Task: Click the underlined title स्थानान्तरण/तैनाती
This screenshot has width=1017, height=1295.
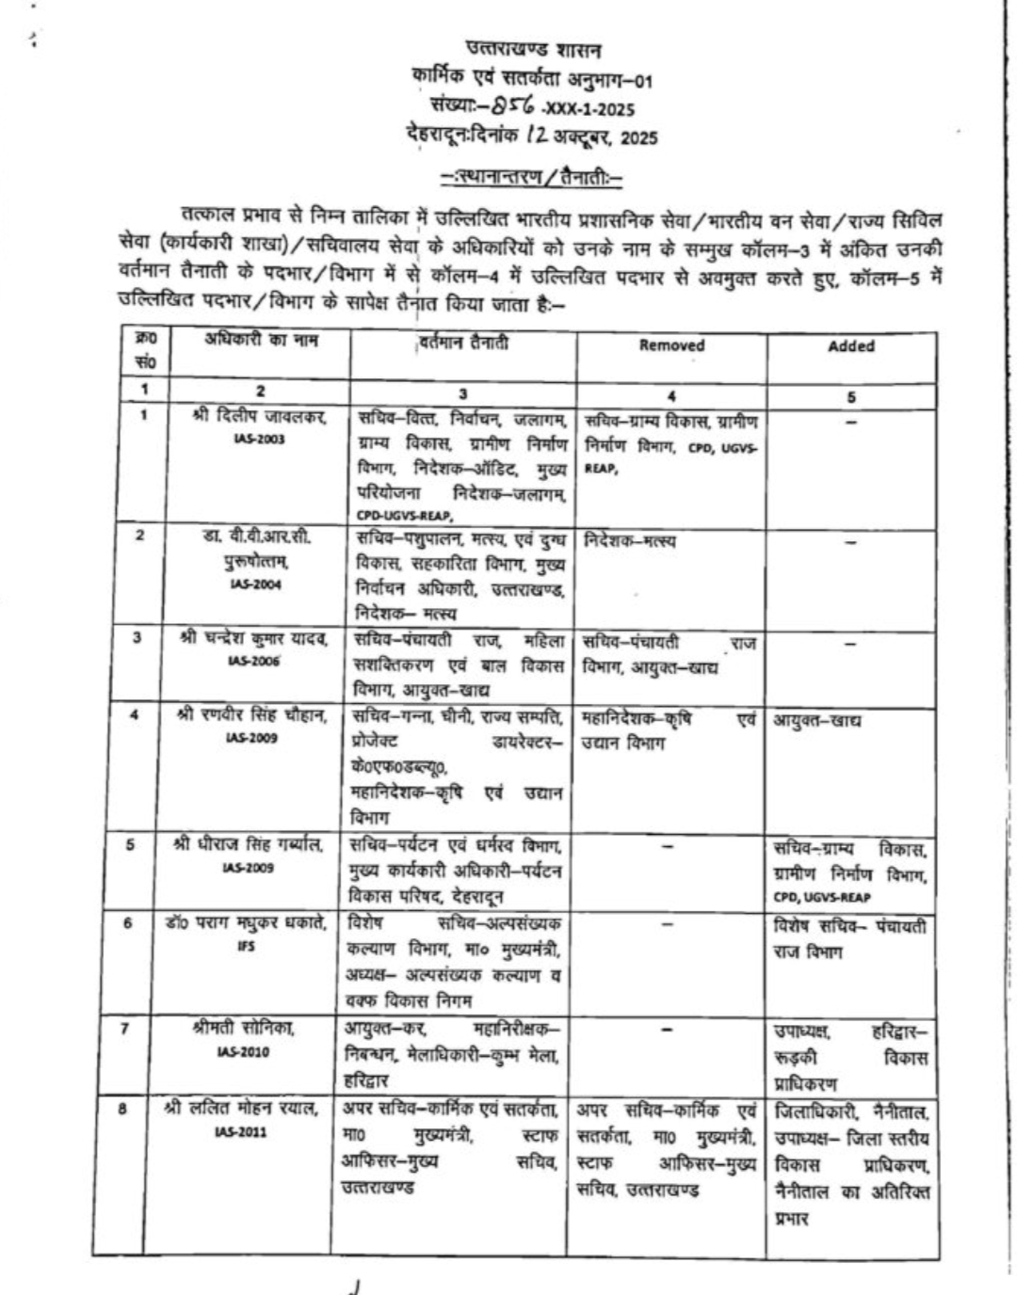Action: [533, 176]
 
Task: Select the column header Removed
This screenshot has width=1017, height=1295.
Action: [671, 345]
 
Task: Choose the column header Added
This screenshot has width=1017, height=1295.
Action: [851, 346]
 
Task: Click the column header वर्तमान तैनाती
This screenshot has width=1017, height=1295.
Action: [462, 344]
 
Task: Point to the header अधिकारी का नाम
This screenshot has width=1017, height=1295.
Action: [261, 341]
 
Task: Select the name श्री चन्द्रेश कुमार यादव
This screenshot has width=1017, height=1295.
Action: [255, 639]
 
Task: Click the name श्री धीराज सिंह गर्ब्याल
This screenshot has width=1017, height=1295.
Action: [249, 844]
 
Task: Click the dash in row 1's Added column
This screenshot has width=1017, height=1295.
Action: [851, 423]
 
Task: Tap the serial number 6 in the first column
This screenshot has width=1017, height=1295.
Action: [128, 923]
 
